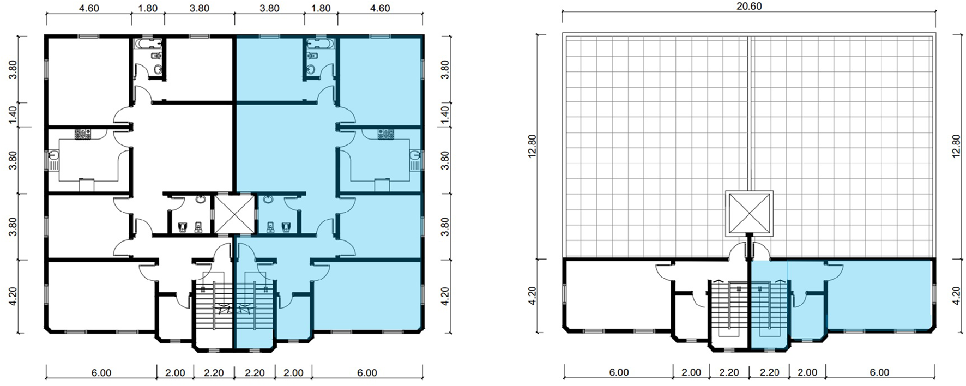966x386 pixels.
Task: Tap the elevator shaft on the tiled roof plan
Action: (749, 213)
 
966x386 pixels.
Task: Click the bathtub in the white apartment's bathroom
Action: (147, 43)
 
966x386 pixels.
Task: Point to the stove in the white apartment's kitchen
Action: (83, 134)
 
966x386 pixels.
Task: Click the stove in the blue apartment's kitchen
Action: (385, 134)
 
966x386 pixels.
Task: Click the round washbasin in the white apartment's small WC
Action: (200, 199)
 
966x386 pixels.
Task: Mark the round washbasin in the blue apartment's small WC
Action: (268, 199)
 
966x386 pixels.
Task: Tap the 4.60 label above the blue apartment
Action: (379, 8)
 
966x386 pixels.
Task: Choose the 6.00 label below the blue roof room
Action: (879, 372)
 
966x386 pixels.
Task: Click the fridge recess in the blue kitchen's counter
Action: (382, 185)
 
